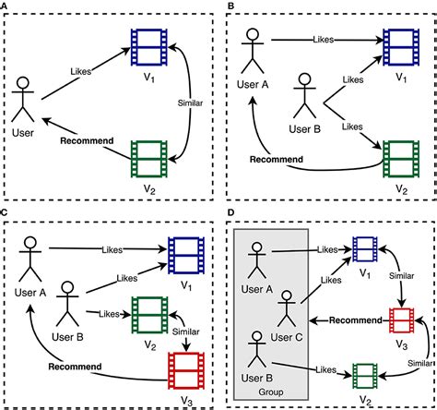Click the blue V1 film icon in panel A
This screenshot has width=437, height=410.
(149, 47)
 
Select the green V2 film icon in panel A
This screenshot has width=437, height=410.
(149, 159)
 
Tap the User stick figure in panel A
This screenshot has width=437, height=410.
(23, 99)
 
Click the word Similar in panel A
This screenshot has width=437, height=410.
(190, 103)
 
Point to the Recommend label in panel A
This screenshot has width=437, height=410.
(87, 141)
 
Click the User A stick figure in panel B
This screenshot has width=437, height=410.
(253, 51)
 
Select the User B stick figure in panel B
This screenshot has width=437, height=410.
(304, 95)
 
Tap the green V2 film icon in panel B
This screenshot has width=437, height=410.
(401, 159)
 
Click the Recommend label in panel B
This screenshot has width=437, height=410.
(277, 160)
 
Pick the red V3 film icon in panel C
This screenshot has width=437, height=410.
(186, 370)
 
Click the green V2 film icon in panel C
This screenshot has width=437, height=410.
(150, 315)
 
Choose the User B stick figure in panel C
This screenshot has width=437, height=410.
(67, 304)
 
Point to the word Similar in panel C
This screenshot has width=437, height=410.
(185, 332)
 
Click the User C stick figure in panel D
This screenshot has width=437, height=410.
(287, 308)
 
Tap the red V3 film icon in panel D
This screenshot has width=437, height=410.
(401, 320)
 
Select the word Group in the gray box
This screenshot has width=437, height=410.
(271, 392)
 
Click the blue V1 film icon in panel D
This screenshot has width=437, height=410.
(365, 249)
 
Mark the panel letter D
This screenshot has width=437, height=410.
(230, 212)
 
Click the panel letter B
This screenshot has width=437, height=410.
(230, 6)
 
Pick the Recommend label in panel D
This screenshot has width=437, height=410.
(356, 320)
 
